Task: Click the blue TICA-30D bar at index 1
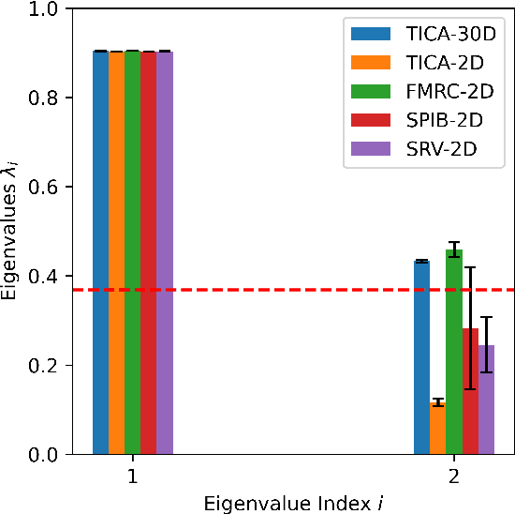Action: point(100,253)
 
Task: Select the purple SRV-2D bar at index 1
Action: point(165,253)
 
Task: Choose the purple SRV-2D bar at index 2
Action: point(486,400)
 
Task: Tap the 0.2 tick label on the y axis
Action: point(45,365)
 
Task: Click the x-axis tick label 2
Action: point(454,476)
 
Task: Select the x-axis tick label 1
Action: point(133,476)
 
